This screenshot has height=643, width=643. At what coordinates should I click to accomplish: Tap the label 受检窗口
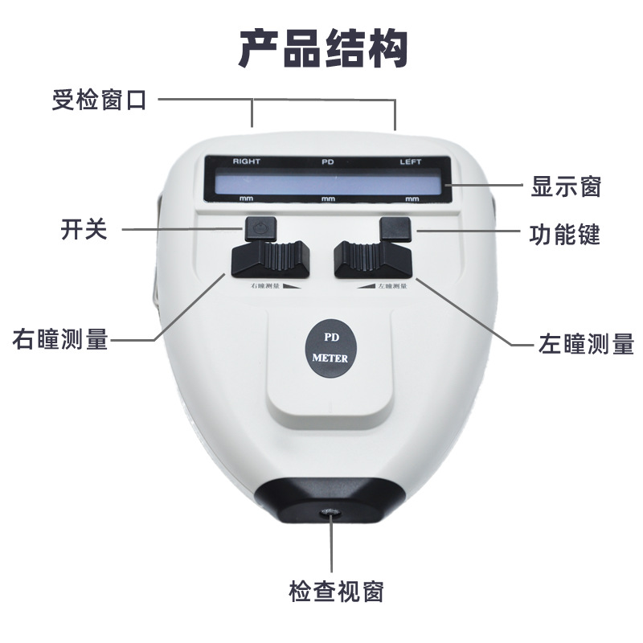click(100, 101)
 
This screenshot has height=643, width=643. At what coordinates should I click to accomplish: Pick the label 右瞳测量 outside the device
click(60, 339)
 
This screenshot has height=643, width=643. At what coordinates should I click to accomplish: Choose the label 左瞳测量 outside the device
click(585, 345)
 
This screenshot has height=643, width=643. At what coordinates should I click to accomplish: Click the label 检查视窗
click(336, 592)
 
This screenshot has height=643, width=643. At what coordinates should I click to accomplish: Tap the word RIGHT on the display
click(247, 162)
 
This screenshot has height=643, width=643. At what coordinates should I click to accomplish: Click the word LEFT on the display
click(411, 162)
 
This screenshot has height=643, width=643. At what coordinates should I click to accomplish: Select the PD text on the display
click(327, 162)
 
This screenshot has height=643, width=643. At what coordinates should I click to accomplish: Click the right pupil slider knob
click(268, 260)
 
